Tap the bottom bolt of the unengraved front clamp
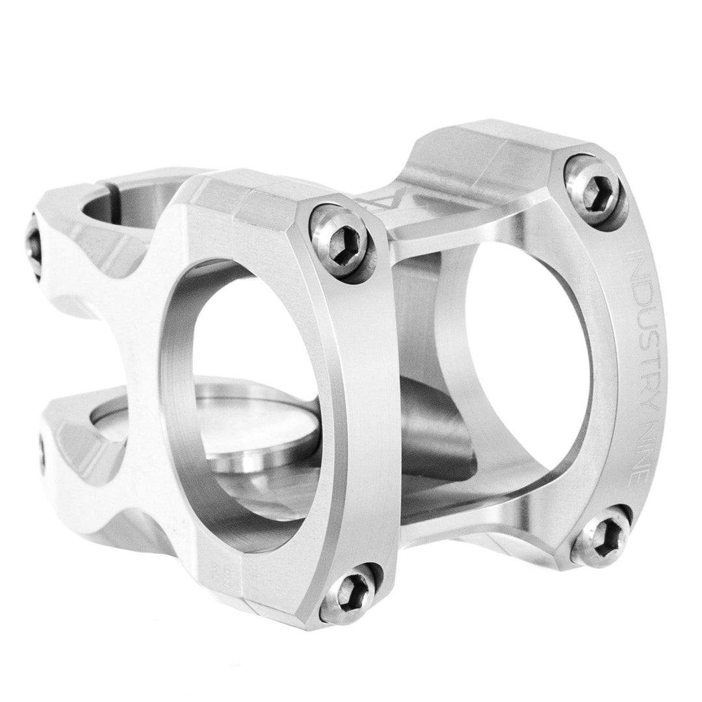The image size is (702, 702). [353, 592]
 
